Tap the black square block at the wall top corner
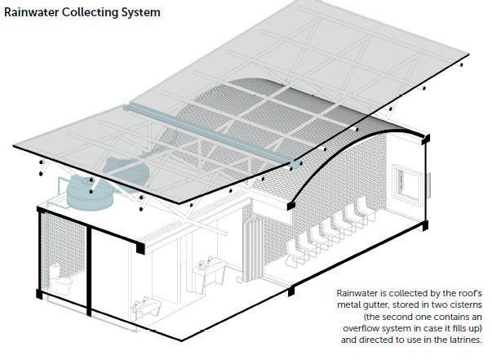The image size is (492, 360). (x=143, y=246)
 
